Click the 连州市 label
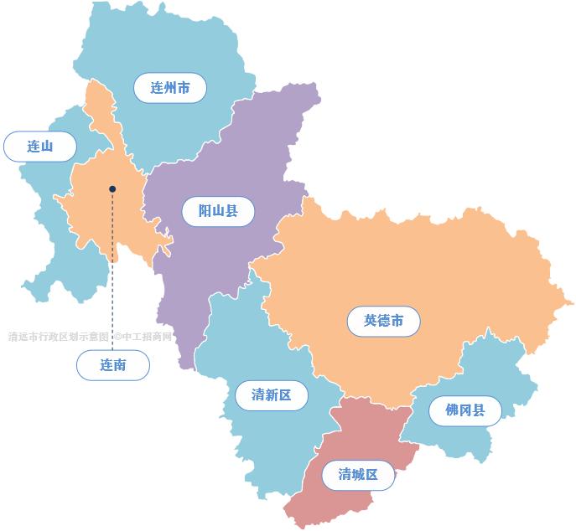pos(170,87)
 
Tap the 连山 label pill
pos(40,147)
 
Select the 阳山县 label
pos(218,210)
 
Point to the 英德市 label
pos(383,320)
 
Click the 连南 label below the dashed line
pos(113,365)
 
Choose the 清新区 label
pos(271,394)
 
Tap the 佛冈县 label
pos(465,410)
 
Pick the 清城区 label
pos(358,475)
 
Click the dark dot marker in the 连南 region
pos(112,189)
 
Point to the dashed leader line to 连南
pos(112,276)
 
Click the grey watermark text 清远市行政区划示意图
pos(59,337)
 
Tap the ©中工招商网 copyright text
pos(144,337)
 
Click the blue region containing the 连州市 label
pos(168,42)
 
